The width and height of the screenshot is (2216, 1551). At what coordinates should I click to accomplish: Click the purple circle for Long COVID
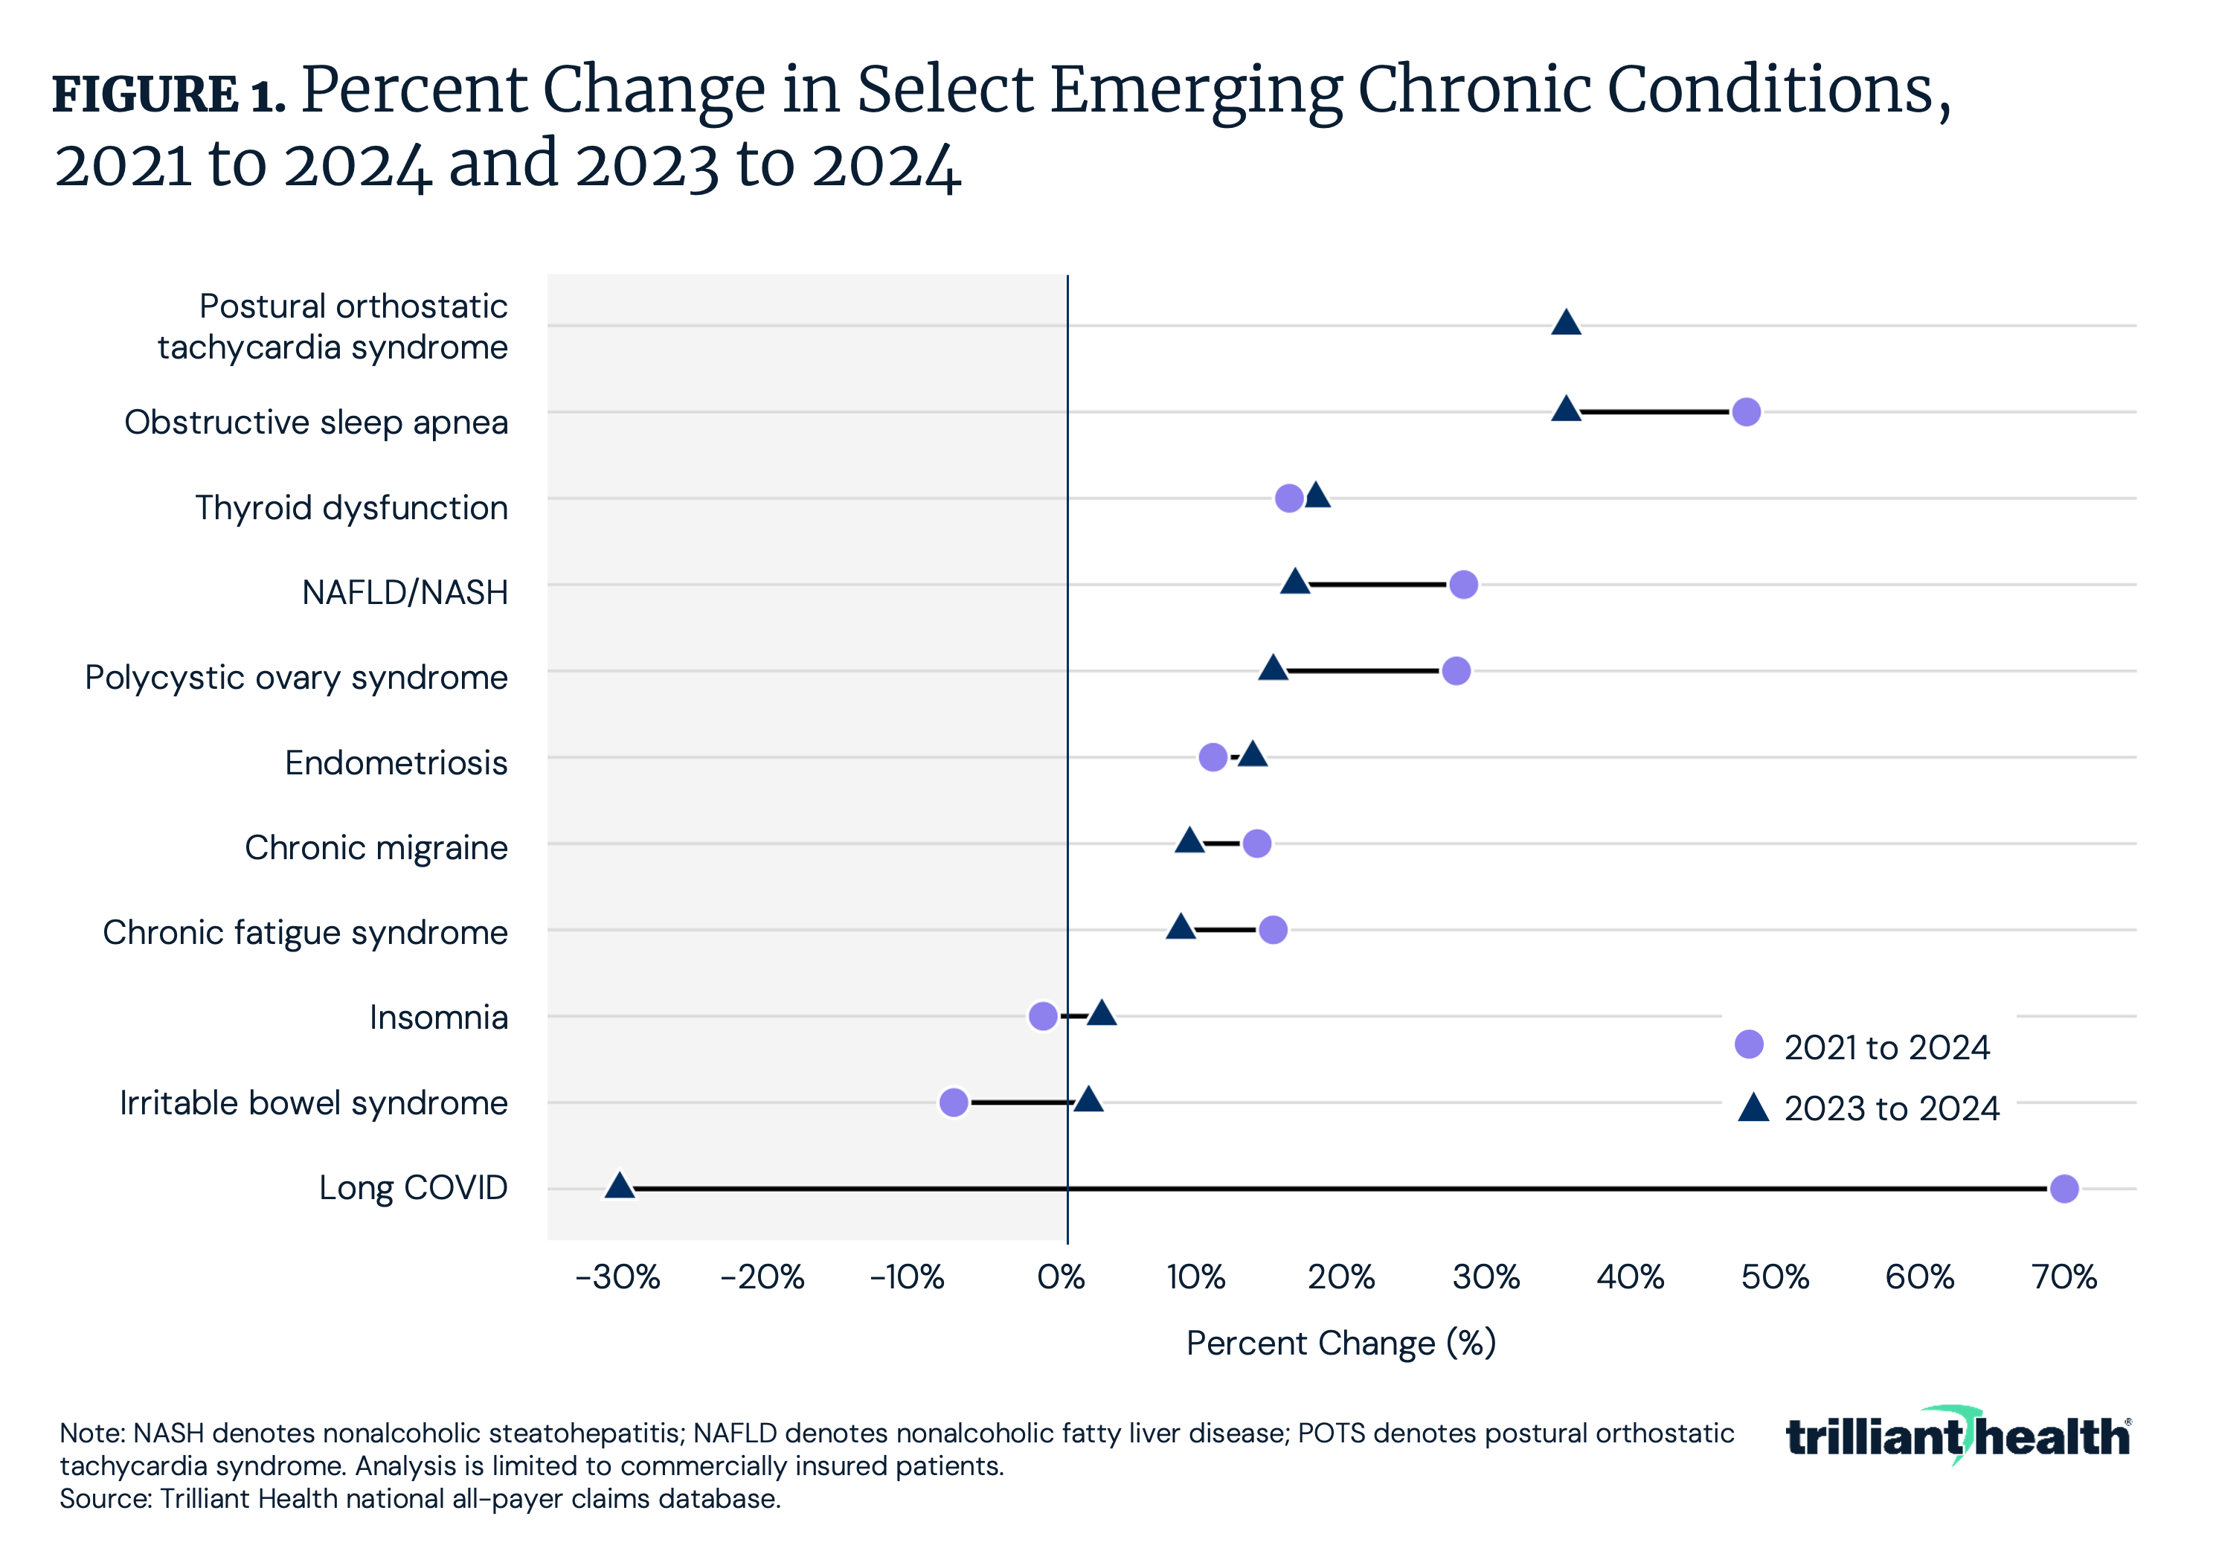pos(2064,1188)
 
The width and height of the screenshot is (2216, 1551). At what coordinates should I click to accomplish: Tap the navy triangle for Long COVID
pos(620,1186)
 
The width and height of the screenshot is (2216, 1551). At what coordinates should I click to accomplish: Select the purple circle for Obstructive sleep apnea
pos(1746,412)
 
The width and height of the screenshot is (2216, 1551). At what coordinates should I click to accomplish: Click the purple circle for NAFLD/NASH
pos(1463,584)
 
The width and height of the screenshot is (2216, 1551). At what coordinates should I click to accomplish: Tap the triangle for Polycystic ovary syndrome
pos(1273,668)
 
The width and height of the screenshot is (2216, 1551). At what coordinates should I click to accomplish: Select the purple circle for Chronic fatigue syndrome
pos(1273,929)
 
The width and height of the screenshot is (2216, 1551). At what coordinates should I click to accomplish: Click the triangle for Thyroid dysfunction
pos(1317,496)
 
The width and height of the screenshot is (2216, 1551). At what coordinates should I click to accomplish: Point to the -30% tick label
pos(617,1277)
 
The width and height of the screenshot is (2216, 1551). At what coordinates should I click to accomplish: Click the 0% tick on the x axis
pos(1062,1277)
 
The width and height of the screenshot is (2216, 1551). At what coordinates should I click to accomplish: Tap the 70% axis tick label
pos(2064,1277)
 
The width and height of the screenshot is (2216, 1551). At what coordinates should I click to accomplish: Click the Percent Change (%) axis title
pos(1340,1343)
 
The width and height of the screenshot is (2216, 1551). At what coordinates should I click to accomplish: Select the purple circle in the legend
pos(1749,1044)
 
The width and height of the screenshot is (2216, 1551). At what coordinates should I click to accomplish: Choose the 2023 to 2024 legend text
pos(1891,1108)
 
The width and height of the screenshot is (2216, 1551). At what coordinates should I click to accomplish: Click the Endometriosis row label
pos(396,762)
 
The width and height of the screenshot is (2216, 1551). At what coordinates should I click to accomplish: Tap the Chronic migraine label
pos(376,847)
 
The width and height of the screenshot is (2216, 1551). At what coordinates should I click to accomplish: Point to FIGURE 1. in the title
pos(168,94)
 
